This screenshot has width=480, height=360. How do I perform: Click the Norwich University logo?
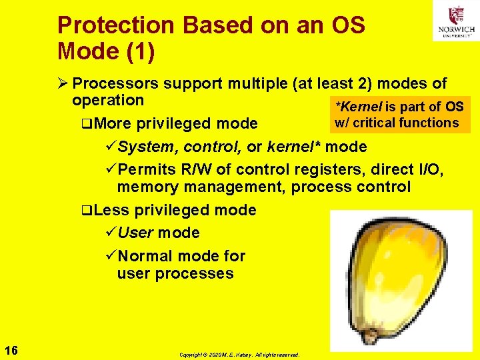coord(455,21)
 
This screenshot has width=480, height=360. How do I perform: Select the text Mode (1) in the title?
coord(106,51)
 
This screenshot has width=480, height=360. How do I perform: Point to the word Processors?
coord(115,84)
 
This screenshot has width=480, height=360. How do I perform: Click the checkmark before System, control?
coord(111,146)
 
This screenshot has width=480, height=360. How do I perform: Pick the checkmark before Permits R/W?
coord(111,169)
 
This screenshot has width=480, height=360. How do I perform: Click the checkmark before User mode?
coord(111,233)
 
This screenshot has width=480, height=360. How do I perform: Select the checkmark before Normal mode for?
coord(111,256)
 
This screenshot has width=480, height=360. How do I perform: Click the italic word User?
coord(136,233)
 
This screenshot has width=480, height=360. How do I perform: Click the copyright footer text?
coord(239,355)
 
